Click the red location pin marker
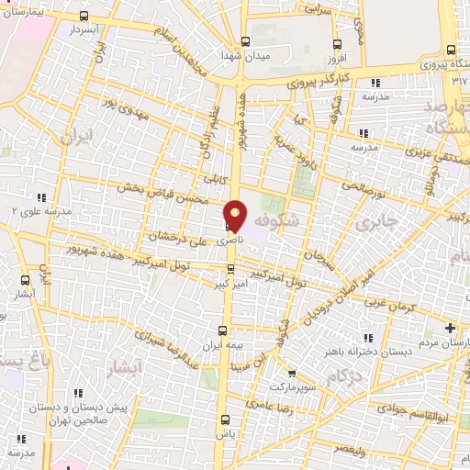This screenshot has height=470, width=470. (x=235, y=215)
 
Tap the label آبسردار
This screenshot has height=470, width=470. (x=85, y=29)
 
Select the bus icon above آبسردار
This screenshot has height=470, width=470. (x=85, y=16)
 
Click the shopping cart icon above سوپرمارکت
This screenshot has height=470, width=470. (x=291, y=374)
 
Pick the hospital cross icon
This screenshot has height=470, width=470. (x=449, y=328)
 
